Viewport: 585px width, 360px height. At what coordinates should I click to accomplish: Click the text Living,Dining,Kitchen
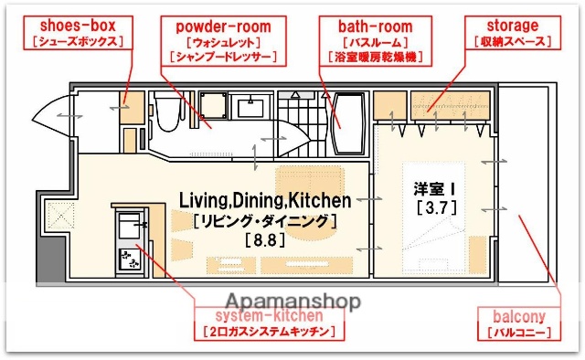tap(264, 200)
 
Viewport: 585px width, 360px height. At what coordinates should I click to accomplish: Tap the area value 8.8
tap(264, 241)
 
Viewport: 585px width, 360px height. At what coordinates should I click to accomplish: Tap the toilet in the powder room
tap(166, 114)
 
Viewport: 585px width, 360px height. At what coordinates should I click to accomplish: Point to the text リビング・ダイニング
tap(264, 220)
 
